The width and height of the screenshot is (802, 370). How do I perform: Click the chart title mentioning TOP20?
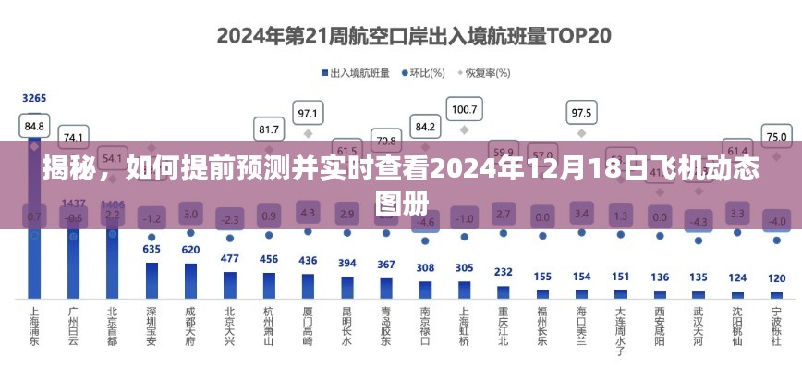tap(401, 36)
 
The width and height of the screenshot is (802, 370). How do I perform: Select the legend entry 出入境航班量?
tap(355, 72)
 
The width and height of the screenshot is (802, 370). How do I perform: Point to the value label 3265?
tap(34, 98)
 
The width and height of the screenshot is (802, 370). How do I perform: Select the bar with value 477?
tap(230, 284)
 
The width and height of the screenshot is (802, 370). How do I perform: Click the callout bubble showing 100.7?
tap(464, 110)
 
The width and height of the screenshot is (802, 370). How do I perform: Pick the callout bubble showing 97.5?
tap(581, 113)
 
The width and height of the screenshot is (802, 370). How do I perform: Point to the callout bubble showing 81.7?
tap(269, 129)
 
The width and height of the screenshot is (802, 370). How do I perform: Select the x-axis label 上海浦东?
tap(34, 327)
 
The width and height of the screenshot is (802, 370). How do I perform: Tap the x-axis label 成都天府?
tap(190, 327)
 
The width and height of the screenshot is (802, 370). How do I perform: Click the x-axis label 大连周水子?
tap(621, 331)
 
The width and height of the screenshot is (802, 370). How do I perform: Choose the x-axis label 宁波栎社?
tap(776, 327)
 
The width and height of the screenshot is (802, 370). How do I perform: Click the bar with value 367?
tap(386, 287)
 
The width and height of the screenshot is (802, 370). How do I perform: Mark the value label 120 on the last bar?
tap(776, 277)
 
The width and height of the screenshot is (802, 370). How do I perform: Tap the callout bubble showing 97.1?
tap(308, 114)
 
